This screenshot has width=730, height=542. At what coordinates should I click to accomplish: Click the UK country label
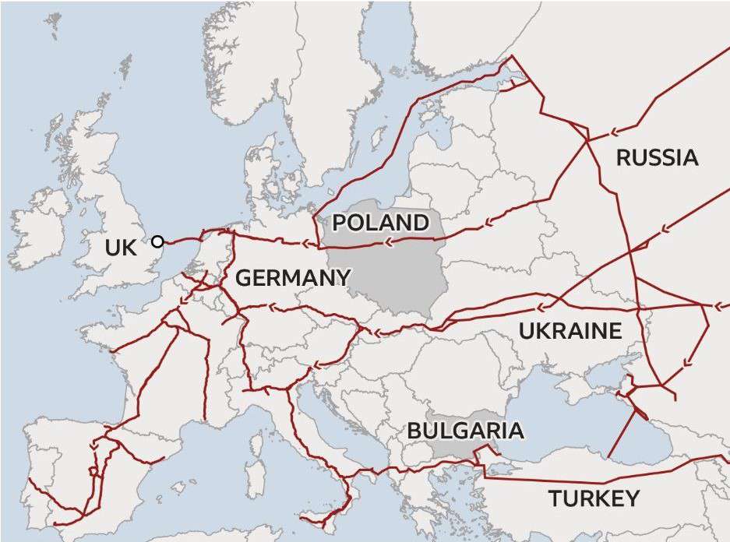(x=120, y=248)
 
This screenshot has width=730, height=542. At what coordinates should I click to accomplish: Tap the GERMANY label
(x=292, y=278)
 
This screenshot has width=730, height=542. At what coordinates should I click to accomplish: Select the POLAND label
(x=380, y=223)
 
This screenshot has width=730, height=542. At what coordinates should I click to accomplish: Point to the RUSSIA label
(x=657, y=158)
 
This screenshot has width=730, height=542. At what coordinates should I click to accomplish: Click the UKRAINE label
(x=570, y=331)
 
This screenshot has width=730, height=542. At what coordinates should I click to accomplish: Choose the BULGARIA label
(x=465, y=431)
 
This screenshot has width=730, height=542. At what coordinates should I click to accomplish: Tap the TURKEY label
(x=594, y=498)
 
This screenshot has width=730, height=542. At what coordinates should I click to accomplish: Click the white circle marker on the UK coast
(x=158, y=241)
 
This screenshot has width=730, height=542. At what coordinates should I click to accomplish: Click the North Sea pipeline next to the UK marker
(x=183, y=240)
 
